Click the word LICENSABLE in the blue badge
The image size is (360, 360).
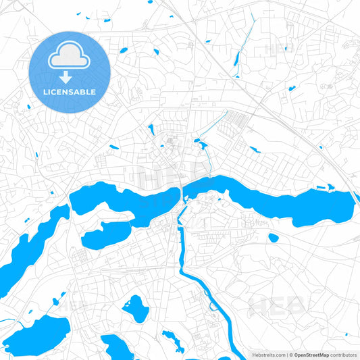pos(70,91)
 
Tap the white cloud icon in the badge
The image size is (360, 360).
pos(69,55)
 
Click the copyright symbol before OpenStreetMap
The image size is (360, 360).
pos(290,354)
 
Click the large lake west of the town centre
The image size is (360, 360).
pos(125,199)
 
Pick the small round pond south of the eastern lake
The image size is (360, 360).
pos(273,238)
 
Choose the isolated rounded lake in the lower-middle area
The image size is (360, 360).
pos(137,309)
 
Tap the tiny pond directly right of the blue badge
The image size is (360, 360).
pos(124,51)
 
